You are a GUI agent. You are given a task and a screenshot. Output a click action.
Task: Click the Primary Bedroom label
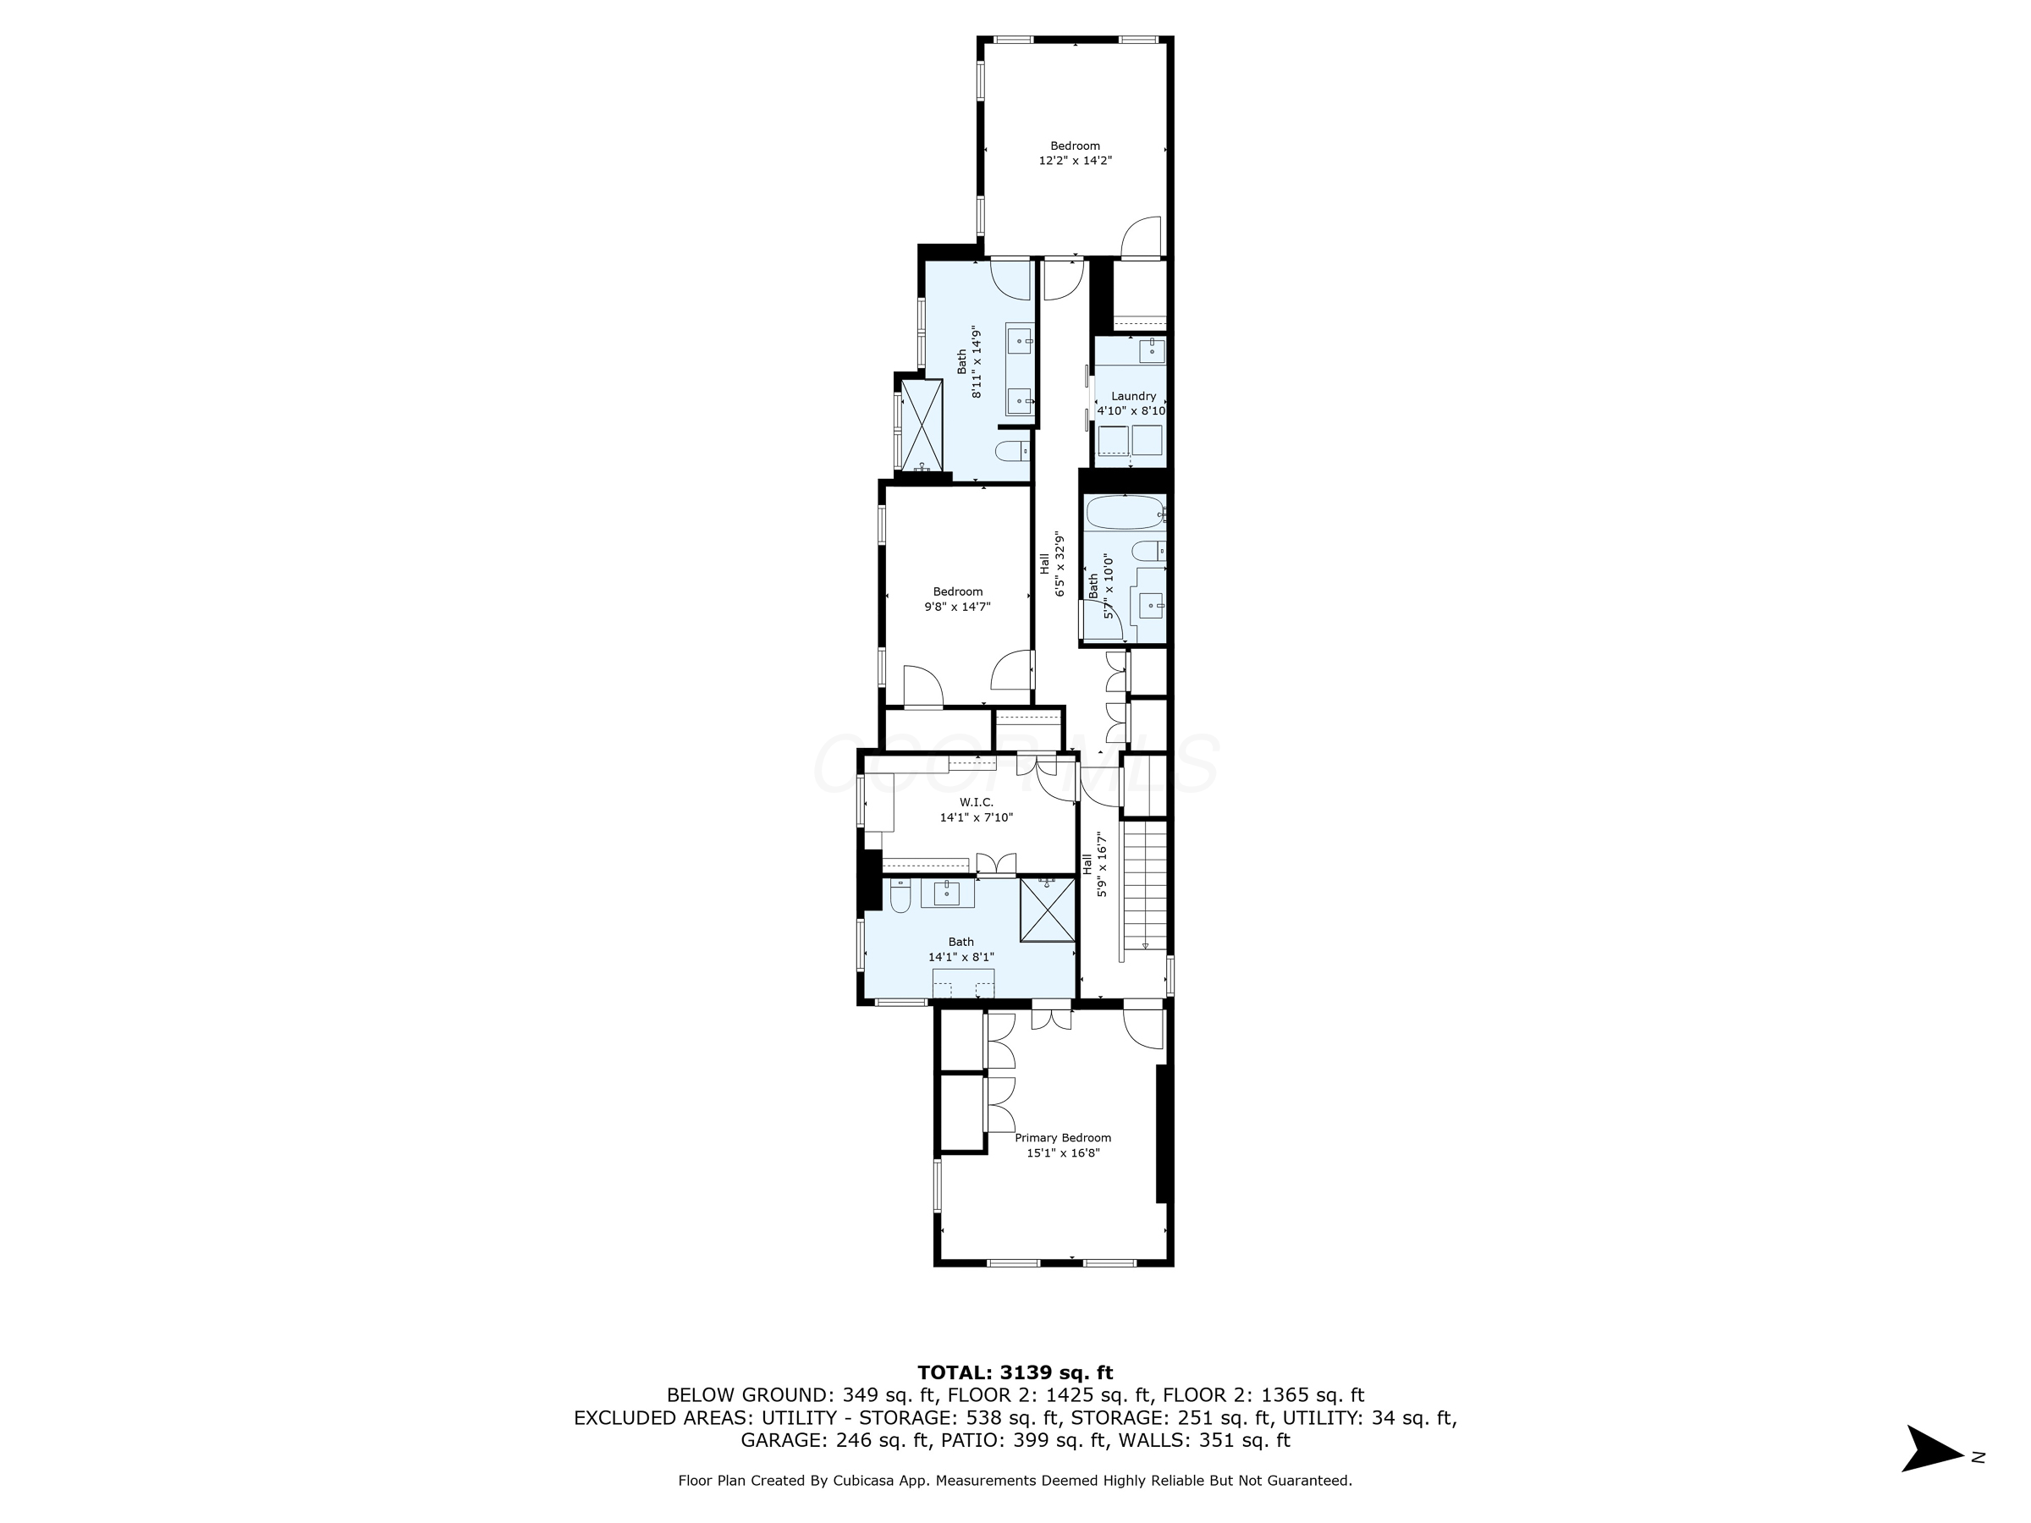click(1062, 1137)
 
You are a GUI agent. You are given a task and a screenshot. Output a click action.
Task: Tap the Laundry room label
click(1133, 396)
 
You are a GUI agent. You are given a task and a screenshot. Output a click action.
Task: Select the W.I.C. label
click(975, 802)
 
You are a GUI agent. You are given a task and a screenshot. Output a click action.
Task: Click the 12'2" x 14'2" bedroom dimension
click(1076, 160)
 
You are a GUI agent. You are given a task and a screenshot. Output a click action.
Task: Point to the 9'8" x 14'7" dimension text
click(958, 606)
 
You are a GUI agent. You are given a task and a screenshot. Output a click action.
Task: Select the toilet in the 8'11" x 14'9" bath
click(1012, 451)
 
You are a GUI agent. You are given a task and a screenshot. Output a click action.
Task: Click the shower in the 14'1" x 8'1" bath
click(1047, 910)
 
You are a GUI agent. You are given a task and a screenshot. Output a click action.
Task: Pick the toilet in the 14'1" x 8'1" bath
click(900, 895)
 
